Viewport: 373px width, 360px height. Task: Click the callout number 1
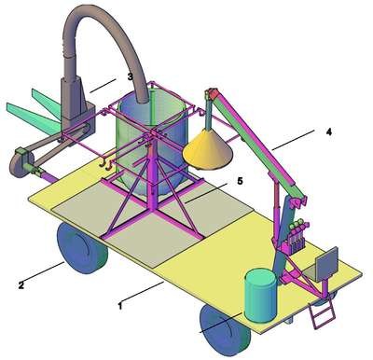pos(120,306)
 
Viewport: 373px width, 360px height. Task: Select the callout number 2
pos(21,284)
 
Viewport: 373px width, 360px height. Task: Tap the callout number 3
pos(131,76)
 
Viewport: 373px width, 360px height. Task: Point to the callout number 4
pos(328,132)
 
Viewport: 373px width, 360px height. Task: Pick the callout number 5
pos(240,181)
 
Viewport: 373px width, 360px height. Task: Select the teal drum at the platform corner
pos(260,296)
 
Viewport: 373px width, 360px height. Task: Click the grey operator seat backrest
pos(326,262)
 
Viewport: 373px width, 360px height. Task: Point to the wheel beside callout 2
pos(81,248)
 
